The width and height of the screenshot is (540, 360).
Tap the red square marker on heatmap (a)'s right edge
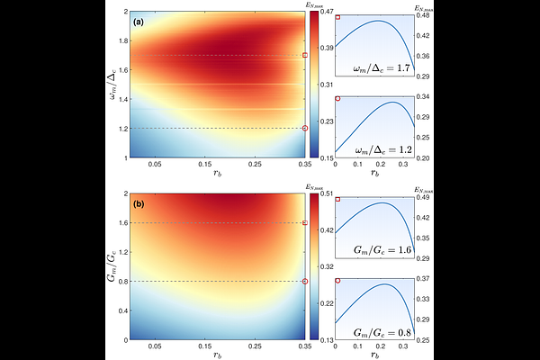coord(305,56)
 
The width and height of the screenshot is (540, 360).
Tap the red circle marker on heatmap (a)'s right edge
coord(305,128)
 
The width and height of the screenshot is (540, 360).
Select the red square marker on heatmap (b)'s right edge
coord(305,222)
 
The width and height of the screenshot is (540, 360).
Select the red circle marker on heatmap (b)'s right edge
coord(305,282)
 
